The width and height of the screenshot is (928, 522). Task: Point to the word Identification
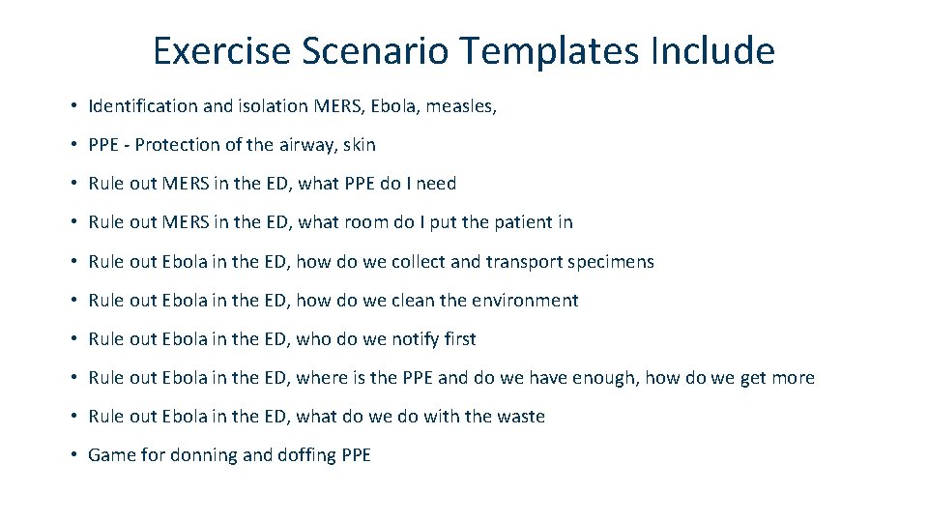tap(144, 106)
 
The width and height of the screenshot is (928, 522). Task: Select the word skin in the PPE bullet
tap(359, 145)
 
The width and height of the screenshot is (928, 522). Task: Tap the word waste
tap(521, 417)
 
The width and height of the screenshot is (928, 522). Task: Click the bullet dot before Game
tap(73, 455)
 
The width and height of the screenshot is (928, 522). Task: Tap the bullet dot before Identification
tap(73, 106)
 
